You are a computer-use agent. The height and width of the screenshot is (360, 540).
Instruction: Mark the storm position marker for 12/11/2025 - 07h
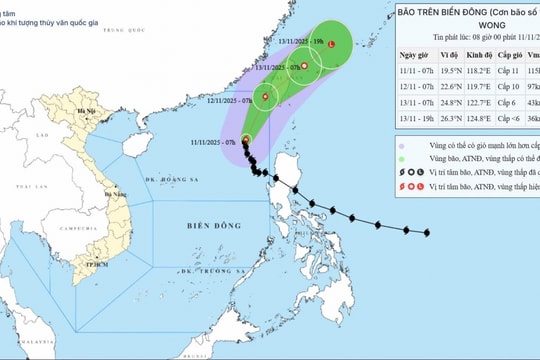266,97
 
